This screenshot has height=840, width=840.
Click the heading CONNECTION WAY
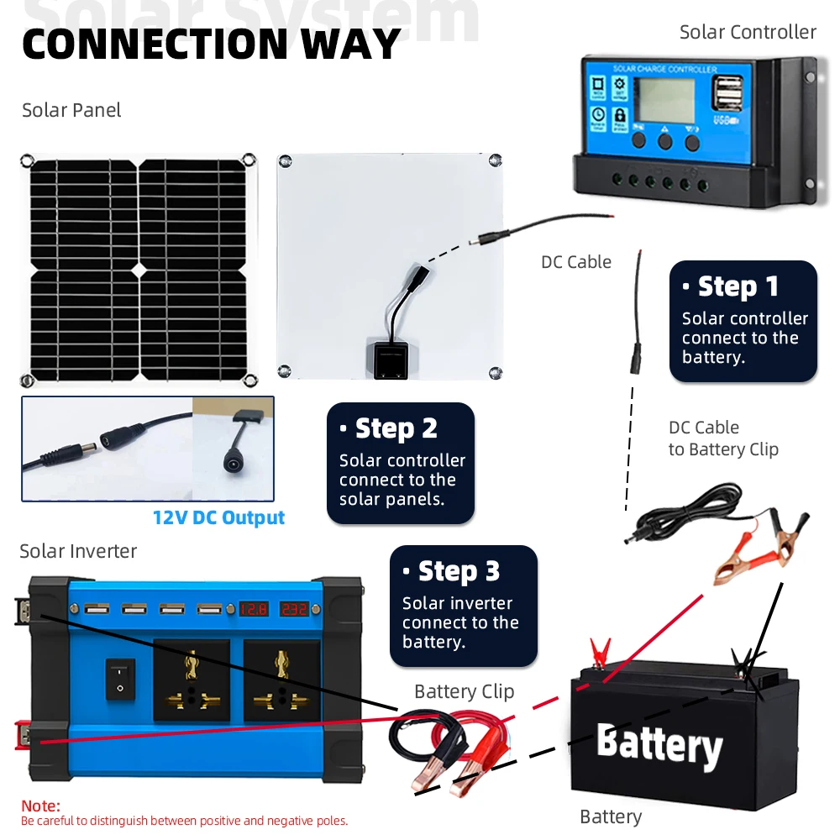click(211, 44)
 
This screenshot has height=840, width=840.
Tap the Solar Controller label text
click(748, 32)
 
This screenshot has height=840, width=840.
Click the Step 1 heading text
click(738, 286)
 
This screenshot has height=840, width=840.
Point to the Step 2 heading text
click(396, 428)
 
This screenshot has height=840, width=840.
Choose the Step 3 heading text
click(459, 571)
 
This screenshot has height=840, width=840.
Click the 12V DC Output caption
click(218, 517)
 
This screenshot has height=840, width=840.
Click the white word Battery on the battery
click(659, 745)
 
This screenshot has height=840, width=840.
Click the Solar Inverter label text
click(78, 551)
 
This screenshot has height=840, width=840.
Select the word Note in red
click(40, 806)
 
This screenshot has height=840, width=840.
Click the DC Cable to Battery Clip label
click(722, 438)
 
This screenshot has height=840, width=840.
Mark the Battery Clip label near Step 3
click(464, 691)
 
